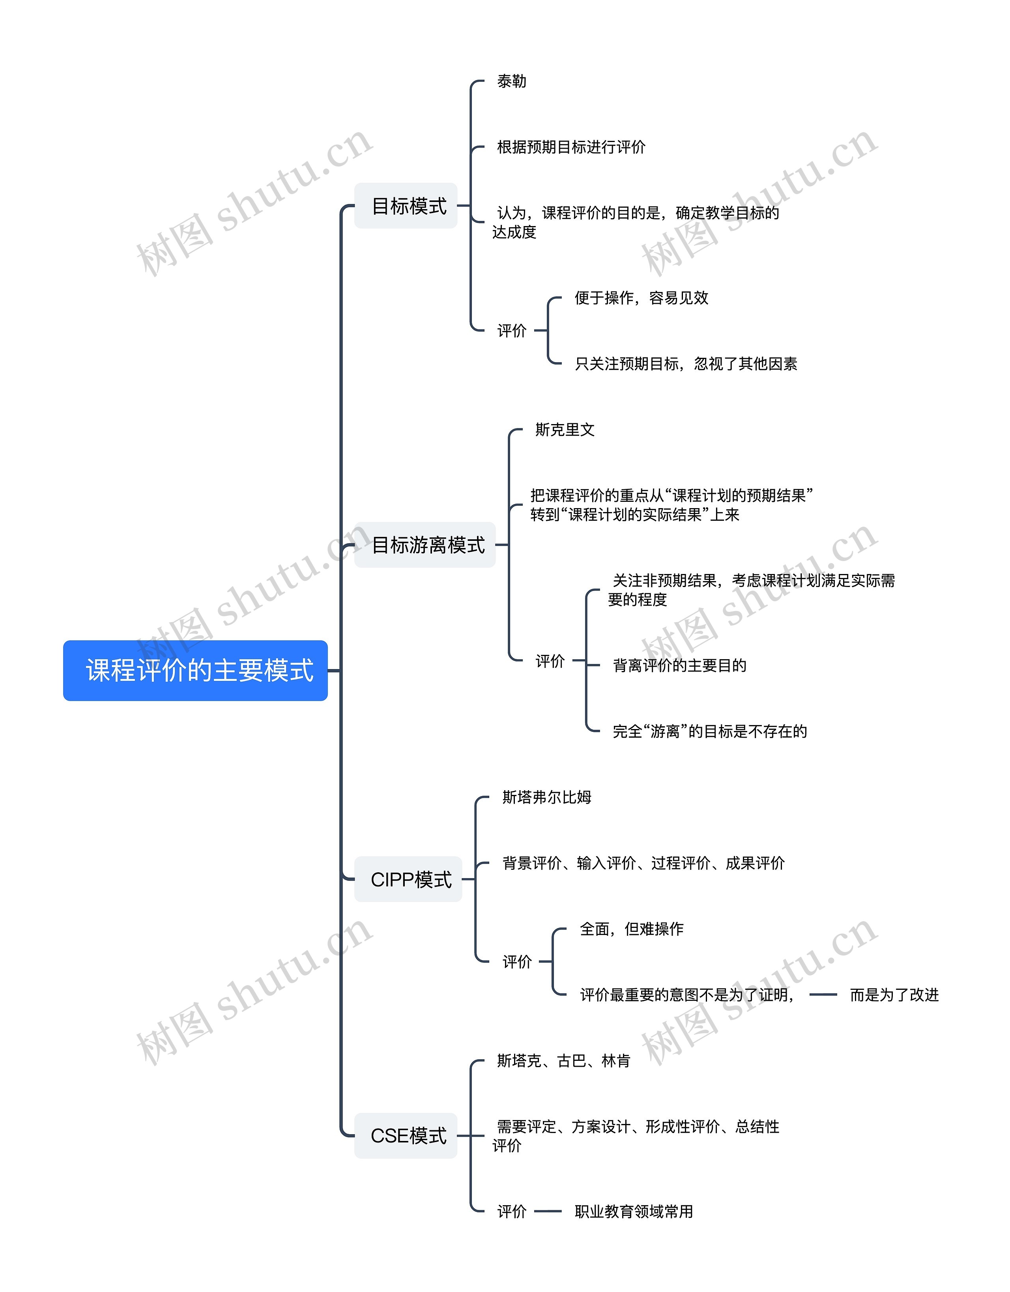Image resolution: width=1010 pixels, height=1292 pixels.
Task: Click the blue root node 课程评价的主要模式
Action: (195, 670)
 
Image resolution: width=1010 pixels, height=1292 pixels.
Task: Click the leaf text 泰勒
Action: (511, 81)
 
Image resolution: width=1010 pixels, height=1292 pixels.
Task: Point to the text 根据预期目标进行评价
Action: (571, 147)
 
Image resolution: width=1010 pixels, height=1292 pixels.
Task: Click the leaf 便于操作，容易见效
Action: (642, 297)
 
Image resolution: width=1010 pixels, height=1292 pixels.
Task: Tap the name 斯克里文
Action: (565, 430)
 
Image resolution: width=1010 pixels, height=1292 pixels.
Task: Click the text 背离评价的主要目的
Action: (680, 666)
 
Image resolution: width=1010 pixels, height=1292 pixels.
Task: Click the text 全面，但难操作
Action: (631, 929)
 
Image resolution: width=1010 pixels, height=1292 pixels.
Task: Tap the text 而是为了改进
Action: (894, 995)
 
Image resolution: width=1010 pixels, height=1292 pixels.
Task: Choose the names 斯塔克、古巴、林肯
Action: (563, 1061)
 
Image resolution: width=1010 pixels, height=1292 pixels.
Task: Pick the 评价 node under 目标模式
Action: (512, 331)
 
